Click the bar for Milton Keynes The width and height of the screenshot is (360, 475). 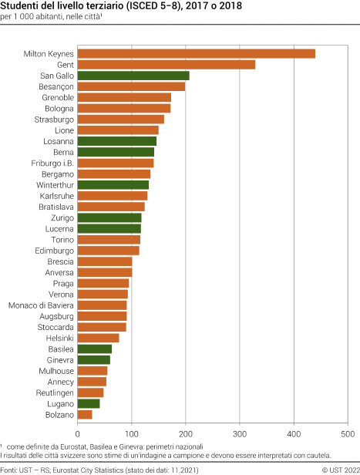click(x=197, y=53)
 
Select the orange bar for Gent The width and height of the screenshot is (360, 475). click(x=167, y=65)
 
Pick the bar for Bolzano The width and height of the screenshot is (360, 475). click(x=85, y=414)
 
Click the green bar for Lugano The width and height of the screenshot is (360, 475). click(x=89, y=403)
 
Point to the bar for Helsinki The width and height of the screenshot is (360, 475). click(x=99, y=338)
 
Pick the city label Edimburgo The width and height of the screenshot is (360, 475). click(x=55, y=251)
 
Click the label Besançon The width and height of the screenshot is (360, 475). click(x=56, y=86)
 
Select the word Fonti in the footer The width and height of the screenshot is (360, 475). click(x=10, y=468)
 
